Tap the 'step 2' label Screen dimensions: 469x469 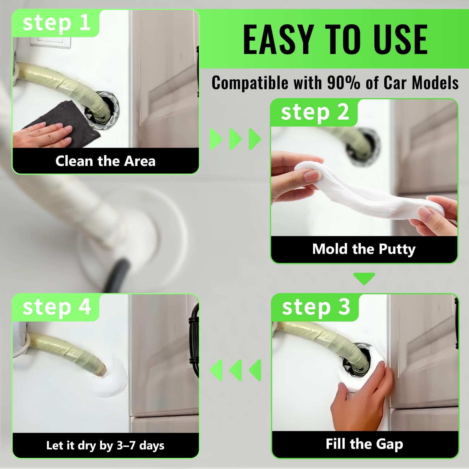click(315, 112)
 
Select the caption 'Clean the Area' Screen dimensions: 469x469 click(105, 161)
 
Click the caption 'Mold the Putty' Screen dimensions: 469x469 click(364, 249)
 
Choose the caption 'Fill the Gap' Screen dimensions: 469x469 click(364, 444)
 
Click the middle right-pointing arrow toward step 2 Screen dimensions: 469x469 click(235, 139)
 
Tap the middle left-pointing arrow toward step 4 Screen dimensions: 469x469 click(235, 370)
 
